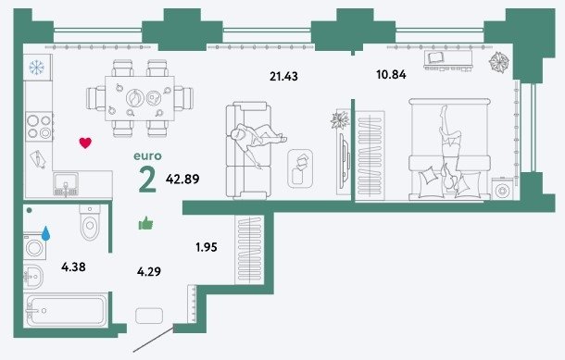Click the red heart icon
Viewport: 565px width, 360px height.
(x=85, y=143)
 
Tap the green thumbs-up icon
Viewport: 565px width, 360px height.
(x=146, y=223)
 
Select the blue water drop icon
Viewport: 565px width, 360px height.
(x=45, y=233)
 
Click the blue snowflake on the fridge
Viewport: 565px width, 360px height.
(x=36, y=68)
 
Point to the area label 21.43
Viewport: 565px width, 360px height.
(x=284, y=76)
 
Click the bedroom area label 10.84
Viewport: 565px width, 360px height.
(x=391, y=75)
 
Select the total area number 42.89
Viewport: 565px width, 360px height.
(x=182, y=179)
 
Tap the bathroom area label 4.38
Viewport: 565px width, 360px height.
(x=73, y=267)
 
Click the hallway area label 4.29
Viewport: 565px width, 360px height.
(x=149, y=271)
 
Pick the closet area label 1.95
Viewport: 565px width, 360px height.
(x=207, y=247)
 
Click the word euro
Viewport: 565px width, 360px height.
(x=148, y=156)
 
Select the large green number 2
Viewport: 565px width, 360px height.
(x=148, y=180)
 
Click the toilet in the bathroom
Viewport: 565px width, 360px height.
(x=90, y=223)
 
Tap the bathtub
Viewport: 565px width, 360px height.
(x=66, y=310)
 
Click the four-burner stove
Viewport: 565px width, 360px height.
(x=40, y=127)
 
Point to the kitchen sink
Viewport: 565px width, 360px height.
(x=66, y=184)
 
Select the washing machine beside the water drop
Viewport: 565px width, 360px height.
(x=35, y=247)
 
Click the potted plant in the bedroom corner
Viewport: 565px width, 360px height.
(x=500, y=62)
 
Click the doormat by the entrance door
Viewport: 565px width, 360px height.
(x=149, y=316)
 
